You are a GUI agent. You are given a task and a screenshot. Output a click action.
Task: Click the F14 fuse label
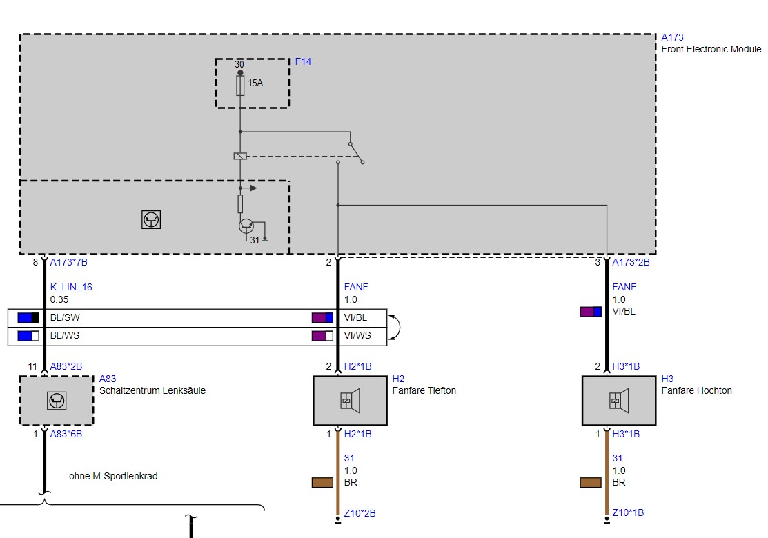click(x=303, y=61)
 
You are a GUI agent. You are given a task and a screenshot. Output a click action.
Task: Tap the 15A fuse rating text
click(x=255, y=83)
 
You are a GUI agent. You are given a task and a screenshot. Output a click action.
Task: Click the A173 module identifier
click(x=672, y=38)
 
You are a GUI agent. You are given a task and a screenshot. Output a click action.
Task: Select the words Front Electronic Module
click(x=711, y=50)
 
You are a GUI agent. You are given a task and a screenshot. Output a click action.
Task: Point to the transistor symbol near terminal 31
click(x=246, y=226)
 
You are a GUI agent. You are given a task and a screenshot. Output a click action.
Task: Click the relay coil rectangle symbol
click(x=240, y=156)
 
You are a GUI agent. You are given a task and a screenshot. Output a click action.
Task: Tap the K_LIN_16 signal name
click(x=71, y=288)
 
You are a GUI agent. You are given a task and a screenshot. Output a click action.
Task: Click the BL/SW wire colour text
click(x=65, y=318)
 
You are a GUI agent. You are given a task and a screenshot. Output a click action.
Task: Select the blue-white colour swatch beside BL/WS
click(x=28, y=336)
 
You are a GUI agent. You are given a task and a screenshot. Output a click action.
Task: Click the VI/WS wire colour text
click(x=357, y=336)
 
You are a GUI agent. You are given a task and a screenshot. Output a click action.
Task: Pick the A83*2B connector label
click(x=66, y=367)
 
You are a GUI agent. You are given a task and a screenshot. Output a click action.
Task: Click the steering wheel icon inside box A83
click(x=57, y=401)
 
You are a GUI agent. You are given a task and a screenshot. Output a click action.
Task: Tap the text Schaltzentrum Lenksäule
click(x=152, y=390)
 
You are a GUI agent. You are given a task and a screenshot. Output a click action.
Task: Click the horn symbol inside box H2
click(x=351, y=401)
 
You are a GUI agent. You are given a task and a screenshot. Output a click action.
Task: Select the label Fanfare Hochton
click(x=696, y=390)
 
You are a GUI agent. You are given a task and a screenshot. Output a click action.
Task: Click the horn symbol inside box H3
click(x=619, y=401)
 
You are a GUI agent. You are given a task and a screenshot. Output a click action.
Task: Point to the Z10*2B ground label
click(x=360, y=514)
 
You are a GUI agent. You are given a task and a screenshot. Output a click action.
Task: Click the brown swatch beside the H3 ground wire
click(x=591, y=483)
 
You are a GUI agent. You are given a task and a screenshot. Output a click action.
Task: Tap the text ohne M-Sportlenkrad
click(x=113, y=477)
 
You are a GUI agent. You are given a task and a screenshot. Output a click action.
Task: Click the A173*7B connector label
click(x=68, y=262)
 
